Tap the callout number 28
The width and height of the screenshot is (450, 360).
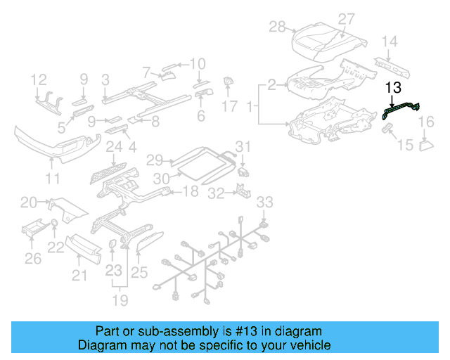click(x=277, y=27)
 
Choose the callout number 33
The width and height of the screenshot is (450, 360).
click(x=263, y=203)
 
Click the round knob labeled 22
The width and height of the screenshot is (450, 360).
click(x=53, y=225)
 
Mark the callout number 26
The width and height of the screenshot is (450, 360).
click(x=32, y=259)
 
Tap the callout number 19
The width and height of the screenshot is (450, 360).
click(x=121, y=301)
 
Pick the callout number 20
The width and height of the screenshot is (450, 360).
click(x=29, y=202)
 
